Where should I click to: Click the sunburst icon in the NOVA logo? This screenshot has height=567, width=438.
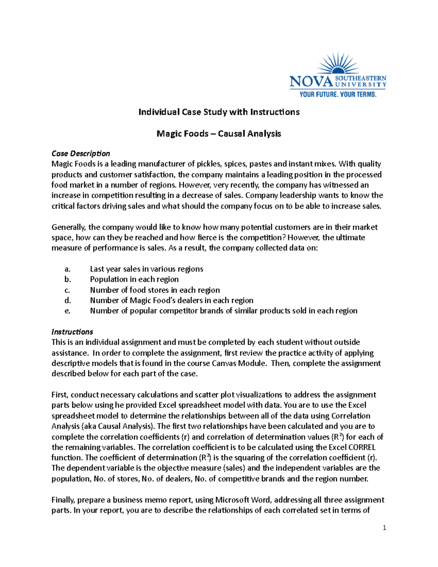(338, 64)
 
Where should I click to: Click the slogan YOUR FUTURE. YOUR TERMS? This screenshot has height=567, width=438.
(338, 95)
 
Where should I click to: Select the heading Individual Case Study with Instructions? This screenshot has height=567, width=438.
(219, 112)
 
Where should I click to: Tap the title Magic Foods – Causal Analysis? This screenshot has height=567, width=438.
(219, 134)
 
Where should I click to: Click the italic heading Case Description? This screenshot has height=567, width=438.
(81, 153)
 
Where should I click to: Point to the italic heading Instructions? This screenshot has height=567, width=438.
(72, 332)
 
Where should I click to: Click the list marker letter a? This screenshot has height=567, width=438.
(67, 269)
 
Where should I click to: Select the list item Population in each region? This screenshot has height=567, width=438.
(134, 279)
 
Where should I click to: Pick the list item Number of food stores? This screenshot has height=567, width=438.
(155, 290)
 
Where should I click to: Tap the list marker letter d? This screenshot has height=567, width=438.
(67, 300)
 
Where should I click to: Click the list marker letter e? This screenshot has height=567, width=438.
(67, 311)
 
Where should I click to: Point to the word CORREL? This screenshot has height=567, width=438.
(362, 447)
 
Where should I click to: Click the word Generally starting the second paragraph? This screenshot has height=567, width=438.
(69, 227)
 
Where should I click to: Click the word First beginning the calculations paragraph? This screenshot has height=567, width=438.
(60, 395)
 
